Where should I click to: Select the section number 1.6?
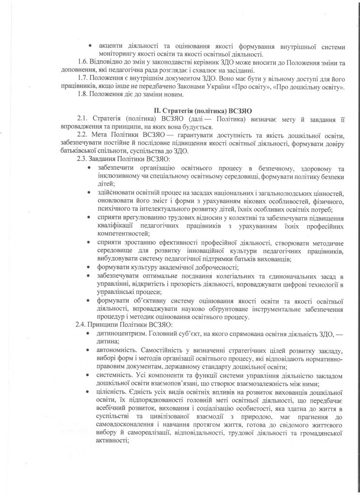click(83, 62)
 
